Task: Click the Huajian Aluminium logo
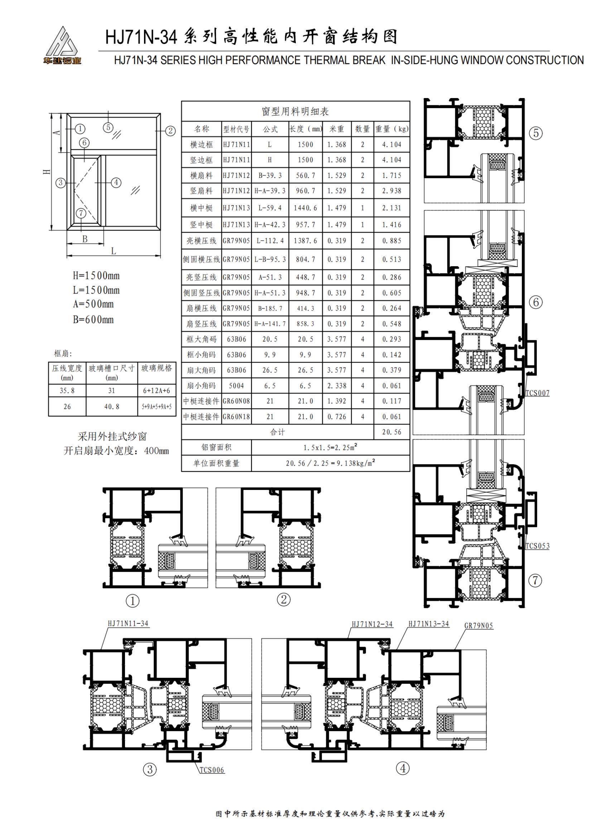62,45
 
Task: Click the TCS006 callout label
212,770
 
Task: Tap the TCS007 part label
537,393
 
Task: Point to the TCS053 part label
537,546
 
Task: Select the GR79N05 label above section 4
478,626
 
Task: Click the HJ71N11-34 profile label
128,623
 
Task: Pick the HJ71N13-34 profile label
429,624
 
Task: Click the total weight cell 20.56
392,432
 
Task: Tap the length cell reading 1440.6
305,208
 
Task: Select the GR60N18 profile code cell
236,417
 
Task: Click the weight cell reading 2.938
392,191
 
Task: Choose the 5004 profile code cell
236,386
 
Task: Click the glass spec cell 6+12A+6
157,390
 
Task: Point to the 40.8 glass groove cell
112,407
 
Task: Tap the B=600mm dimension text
93,319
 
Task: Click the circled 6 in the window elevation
84,142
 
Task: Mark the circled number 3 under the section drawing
150,770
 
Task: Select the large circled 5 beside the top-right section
536,133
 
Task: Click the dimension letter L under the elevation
114,251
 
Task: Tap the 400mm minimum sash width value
157,451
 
